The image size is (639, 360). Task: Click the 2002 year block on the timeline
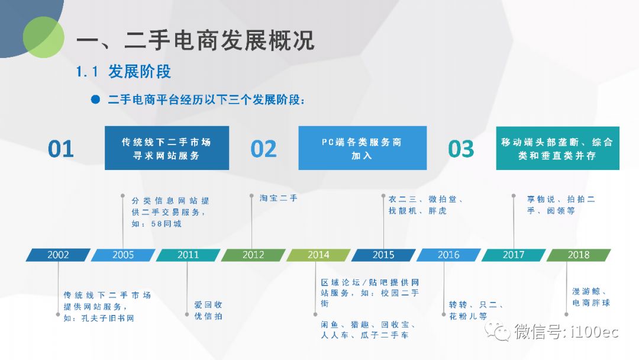[58, 255]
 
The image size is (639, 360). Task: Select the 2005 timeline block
[123, 255]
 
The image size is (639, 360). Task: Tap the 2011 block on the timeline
[188, 255]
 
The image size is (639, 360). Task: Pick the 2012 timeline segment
[253, 255]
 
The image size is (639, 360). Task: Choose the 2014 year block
[318, 255]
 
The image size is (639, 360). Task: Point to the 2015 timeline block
[383, 255]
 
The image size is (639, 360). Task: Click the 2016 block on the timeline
[448, 255]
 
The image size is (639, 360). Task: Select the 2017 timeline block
[514, 255]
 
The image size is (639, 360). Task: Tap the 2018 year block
[578, 255]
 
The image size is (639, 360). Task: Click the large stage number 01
[61, 149]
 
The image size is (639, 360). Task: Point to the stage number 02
[263, 149]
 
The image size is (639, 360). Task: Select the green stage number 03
[461, 149]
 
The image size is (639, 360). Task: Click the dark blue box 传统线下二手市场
[167, 148]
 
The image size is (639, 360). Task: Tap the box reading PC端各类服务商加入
[362, 148]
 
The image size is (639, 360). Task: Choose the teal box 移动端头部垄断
[557, 148]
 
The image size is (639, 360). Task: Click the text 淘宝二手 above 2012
[279, 198]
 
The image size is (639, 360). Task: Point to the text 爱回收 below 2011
[208, 304]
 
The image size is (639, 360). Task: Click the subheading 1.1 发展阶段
[123, 72]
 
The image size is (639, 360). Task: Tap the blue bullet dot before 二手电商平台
[95, 99]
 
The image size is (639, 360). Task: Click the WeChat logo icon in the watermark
[497, 331]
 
